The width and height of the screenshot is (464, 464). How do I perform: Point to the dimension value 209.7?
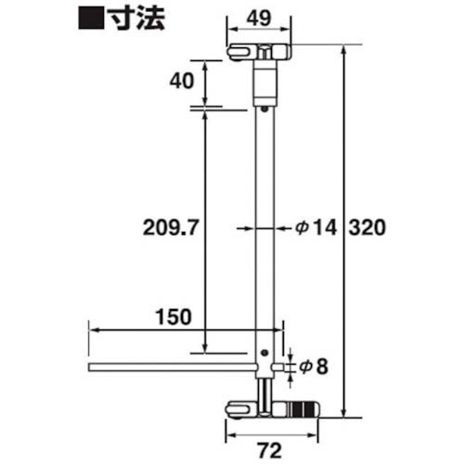click(168, 226)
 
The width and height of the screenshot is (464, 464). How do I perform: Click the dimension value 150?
click(174, 315)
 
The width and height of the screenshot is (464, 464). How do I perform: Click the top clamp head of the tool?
click(261, 52)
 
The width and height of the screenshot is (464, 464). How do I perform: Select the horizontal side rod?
click(172, 368)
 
